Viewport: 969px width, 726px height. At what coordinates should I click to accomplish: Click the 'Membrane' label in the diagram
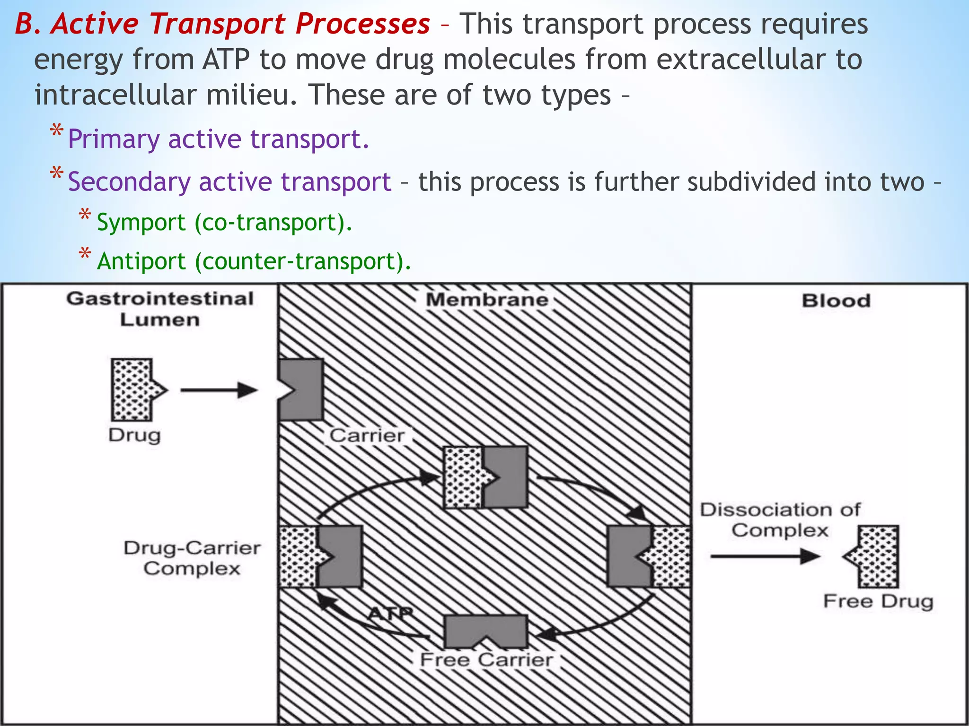pos(487,300)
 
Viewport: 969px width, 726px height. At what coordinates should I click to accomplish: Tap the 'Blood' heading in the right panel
pos(836,301)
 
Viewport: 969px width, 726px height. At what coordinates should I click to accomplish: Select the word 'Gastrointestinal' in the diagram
pos(160,299)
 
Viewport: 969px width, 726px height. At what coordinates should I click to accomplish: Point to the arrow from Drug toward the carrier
pos(219,390)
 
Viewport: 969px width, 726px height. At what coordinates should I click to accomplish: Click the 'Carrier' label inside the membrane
pos(367,435)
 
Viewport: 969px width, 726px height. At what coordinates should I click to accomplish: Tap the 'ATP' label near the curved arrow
pos(390,614)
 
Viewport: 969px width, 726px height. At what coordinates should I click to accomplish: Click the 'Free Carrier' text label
pos(486,660)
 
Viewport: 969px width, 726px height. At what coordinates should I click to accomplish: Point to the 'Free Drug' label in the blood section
pos(878,601)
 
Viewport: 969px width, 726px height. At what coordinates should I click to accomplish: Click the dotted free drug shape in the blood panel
pos(874,556)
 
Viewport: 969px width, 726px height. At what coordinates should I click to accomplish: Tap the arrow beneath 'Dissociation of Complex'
pos(765,556)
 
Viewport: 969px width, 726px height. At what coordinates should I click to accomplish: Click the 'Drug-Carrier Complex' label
pos(192,558)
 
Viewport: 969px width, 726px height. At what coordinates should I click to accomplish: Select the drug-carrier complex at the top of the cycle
pos(485,477)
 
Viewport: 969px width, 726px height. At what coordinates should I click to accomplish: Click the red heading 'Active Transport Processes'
pos(240,24)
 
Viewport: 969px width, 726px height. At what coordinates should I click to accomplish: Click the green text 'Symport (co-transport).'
pos(224,222)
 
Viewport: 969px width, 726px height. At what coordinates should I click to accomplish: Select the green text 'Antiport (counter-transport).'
pos(254,261)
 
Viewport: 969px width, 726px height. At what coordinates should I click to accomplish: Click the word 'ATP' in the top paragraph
pos(226,60)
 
